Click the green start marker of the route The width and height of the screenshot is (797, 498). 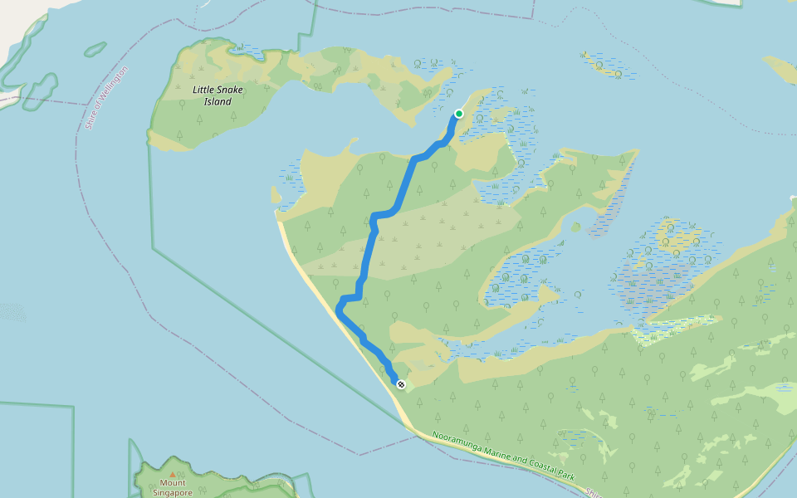pyautogui.click(x=458, y=114)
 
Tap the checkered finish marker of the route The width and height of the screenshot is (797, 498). pyautogui.click(x=401, y=384)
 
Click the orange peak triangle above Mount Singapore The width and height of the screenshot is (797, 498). pyautogui.click(x=173, y=474)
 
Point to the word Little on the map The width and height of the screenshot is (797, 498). pyautogui.click(x=205, y=89)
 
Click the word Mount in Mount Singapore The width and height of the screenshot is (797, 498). pyautogui.click(x=173, y=483)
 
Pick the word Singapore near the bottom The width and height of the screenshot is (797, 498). pyautogui.click(x=173, y=492)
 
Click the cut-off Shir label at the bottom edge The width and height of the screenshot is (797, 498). pyautogui.click(x=593, y=491)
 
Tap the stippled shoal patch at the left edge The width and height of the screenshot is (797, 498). pyautogui.click(x=12, y=312)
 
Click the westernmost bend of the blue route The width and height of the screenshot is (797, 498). pyautogui.click(x=338, y=309)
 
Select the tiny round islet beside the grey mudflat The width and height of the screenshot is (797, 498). pyautogui.click(x=575, y=227)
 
